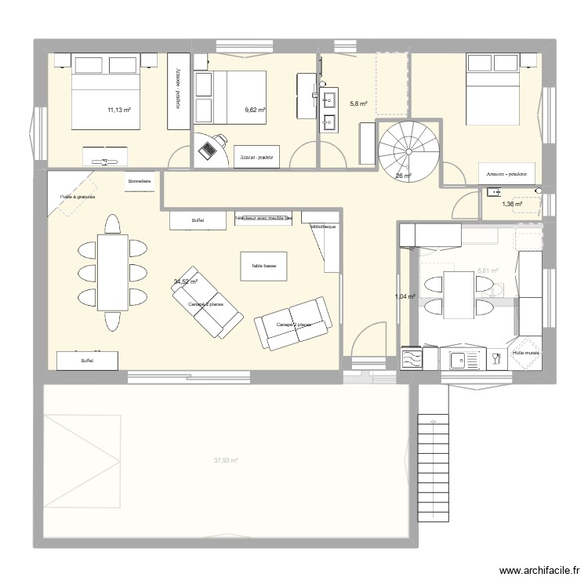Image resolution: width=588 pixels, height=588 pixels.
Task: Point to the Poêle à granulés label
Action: tap(76, 197)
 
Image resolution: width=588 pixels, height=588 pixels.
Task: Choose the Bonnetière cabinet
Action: tap(140, 182)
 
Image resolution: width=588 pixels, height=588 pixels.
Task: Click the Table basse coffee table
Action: tap(263, 266)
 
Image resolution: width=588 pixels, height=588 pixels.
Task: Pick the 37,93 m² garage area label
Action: tap(227, 461)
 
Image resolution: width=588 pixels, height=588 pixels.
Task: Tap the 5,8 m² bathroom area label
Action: tap(358, 103)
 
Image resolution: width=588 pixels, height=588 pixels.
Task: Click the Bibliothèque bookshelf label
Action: tap(322, 226)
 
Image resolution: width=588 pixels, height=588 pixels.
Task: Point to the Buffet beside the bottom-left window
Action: tap(86, 361)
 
